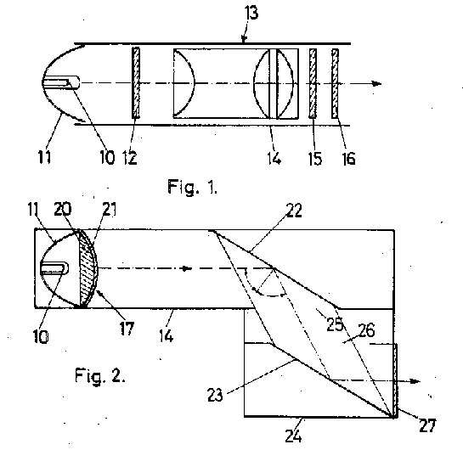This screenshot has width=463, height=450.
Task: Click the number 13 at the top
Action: tap(251, 14)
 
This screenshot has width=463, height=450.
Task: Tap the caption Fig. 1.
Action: tap(193, 187)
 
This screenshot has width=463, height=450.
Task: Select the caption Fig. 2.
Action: tap(99, 375)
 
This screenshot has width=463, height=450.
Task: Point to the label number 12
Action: tap(130, 157)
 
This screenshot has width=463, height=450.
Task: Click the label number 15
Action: tap(315, 159)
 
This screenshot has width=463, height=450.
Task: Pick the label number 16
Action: tap(348, 158)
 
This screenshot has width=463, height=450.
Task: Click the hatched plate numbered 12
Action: tap(136, 83)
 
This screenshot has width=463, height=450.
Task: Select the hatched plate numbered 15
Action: tap(313, 83)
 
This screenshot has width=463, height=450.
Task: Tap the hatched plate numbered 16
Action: tap(335, 83)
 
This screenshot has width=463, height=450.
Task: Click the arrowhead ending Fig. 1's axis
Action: tap(377, 83)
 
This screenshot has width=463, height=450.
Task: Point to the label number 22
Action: tap(293, 211)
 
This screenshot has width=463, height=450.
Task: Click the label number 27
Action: tap(427, 425)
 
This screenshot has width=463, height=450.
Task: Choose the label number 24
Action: tap(293, 436)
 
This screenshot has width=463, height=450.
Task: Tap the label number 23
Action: tap(215, 395)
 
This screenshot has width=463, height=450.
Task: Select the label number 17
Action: tap(127, 329)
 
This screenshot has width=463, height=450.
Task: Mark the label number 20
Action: tap(63, 209)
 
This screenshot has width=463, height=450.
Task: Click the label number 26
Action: tap(366, 330)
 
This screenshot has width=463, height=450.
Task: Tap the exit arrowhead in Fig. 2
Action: tap(415, 381)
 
